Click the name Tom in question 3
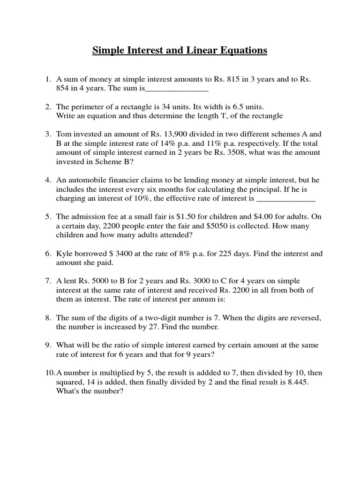coord(63,134)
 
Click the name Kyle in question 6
coord(64,254)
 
